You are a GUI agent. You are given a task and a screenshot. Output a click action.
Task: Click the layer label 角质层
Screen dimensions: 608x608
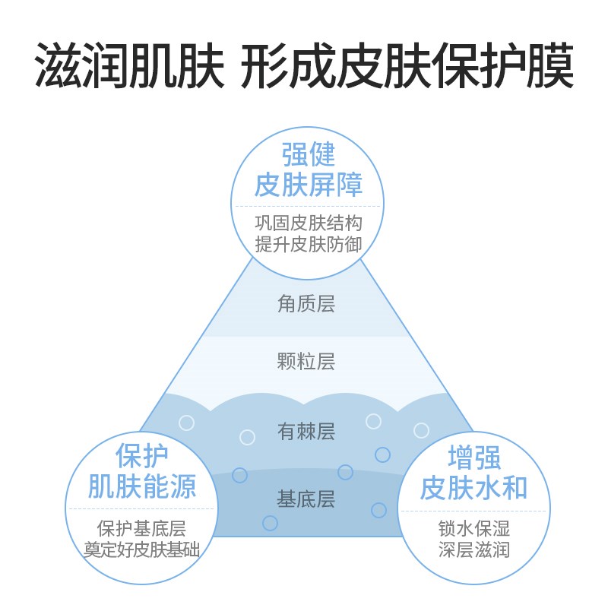pyautogui.click(x=306, y=305)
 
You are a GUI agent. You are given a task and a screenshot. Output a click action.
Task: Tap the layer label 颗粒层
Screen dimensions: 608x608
pyautogui.click(x=306, y=361)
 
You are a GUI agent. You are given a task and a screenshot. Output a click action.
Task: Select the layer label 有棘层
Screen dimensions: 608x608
pyautogui.click(x=306, y=432)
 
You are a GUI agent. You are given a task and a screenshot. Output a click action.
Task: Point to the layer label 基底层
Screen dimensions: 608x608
pyautogui.click(x=306, y=499)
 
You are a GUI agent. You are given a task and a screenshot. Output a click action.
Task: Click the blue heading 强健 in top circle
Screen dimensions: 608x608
pyautogui.click(x=308, y=155)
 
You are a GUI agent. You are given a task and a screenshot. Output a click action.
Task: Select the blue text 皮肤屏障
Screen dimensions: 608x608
pyautogui.click(x=308, y=185)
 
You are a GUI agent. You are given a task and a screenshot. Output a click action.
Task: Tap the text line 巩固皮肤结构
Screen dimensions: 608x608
pyautogui.click(x=308, y=223)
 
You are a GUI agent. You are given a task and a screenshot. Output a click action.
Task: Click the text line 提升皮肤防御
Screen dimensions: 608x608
pyautogui.click(x=308, y=245)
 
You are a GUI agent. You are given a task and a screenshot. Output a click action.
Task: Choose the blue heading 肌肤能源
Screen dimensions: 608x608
pyautogui.click(x=142, y=486)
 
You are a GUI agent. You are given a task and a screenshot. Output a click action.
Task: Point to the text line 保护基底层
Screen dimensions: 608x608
pyautogui.click(x=142, y=527)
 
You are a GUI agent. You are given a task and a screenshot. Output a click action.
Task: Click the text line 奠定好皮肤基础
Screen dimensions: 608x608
pyautogui.click(x=142, y=549)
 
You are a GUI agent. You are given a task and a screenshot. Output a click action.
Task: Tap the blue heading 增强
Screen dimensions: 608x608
pyautogui.click(x=473, y=458)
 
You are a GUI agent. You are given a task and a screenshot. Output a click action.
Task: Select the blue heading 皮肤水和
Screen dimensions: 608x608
pyautogui.click(x=473, y=487)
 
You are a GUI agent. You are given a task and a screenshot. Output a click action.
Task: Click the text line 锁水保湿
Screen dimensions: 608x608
pyautogui.click(x=473, y=527)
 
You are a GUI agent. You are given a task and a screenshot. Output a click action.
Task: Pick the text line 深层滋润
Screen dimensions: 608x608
pyautogui.click(x=473, y=549)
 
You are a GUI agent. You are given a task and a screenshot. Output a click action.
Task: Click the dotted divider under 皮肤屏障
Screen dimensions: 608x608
pyautogui.click(x=308, y=206)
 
